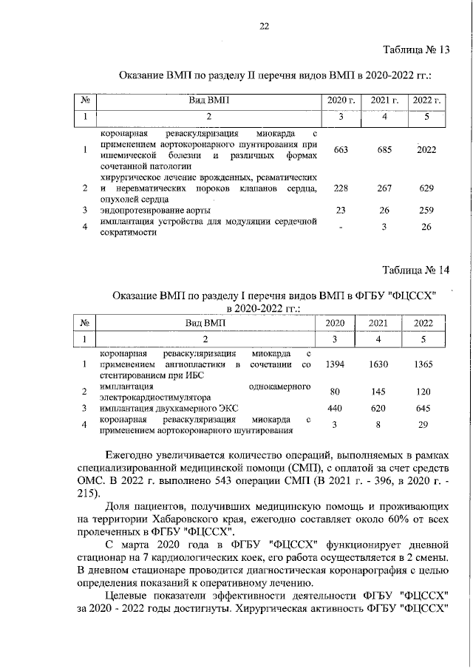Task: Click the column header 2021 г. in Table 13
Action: pos(384,100)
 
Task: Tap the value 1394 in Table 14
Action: pos(336,364)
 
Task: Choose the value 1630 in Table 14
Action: pos(378,364)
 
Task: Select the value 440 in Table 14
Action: pos(336,408)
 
